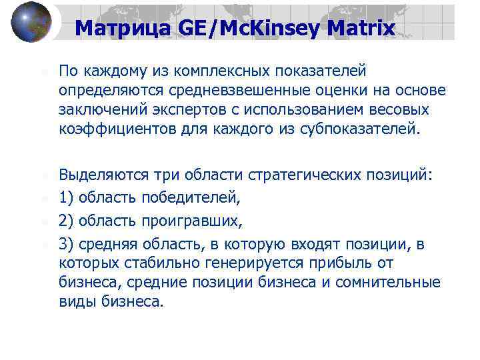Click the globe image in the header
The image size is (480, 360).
(x=31, y=22)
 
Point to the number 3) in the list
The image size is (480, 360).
(x=67, y=245)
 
